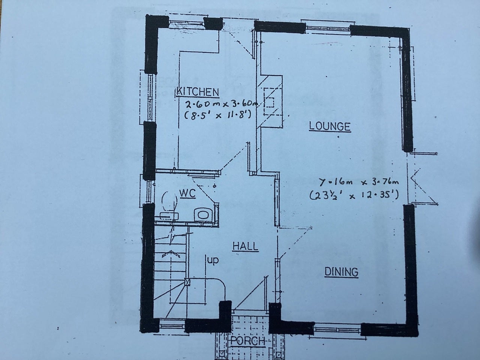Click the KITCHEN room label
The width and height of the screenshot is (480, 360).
[x=198, y=92]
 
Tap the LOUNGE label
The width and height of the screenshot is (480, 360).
[x=330, y=126]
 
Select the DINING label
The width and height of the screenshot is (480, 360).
[x=341, y=272]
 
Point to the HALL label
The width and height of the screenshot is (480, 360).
[x=245, y=246]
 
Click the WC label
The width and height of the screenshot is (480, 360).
[x=187, y=193]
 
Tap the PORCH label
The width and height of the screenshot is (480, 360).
[x=248, y=341]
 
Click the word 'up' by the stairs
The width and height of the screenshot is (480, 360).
[x=213, y=261]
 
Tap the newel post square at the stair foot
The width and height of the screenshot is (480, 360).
[x=187, y=282]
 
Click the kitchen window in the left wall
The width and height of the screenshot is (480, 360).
[x=150, y=98]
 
